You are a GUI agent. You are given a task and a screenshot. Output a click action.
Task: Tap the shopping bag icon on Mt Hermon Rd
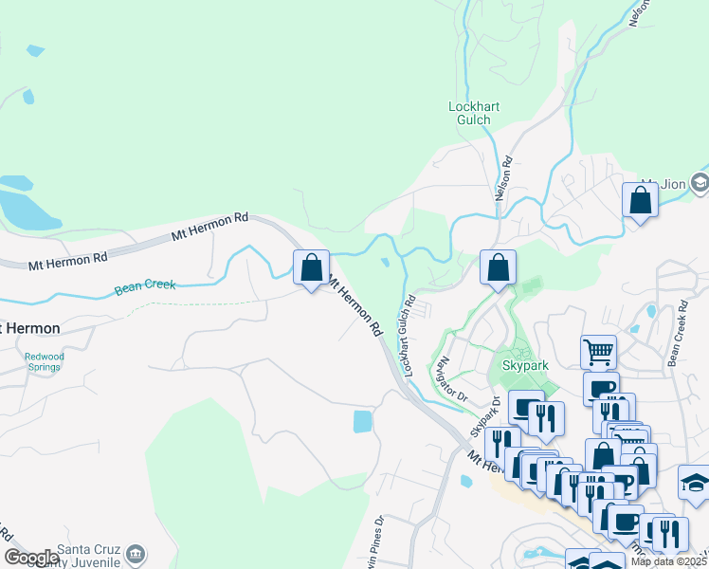pyautogui.click(x=311, y=268)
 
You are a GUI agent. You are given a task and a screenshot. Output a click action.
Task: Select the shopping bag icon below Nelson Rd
pyautogui.click(x=498, y=268)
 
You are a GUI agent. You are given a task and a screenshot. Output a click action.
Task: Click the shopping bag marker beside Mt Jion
pyautogui.click(x=641, y=201)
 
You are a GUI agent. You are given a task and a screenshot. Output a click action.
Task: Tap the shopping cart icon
pyautogui.click(x=598, y=353)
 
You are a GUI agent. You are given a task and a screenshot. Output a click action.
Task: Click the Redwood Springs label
pyautogui.click(x=45, y=361)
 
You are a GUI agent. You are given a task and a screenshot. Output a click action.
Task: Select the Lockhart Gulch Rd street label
pyautogui.click(x=409, y=338)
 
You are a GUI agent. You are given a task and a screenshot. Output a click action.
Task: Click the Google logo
pyautogui.click(x=30, y=558)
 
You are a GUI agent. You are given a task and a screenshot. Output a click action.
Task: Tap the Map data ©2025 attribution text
pyautogui.click(x=669, y=561)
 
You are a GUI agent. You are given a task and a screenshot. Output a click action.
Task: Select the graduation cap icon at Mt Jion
pyautogui.click(x=700, y=182)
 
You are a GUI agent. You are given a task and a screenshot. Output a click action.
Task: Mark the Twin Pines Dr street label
pyautogui.click(x=379, y=536)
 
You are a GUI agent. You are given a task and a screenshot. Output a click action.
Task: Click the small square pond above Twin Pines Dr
pyautogui.click(x=363, y=421)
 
